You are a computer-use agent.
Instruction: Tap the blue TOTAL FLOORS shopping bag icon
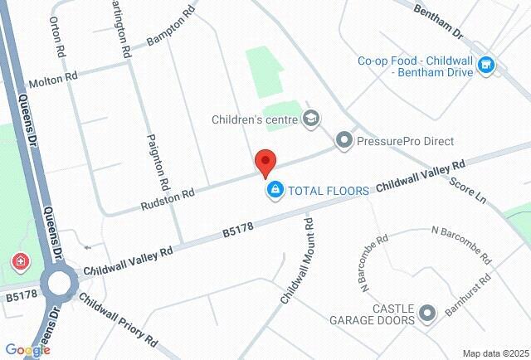pyautogui.click(x=275, y=191)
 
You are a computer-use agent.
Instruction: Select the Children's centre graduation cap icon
pyautogui.click(x=310, y=119)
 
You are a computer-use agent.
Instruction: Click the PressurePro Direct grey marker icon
pyautogui.click(x=344, y=141)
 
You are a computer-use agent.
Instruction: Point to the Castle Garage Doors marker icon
pyautogui.click(x=427, y=313)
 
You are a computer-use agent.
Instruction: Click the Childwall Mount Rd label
pyautogui.click(x=296, y=258)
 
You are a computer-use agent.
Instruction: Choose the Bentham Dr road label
pyautogui.click(x=440, y=21)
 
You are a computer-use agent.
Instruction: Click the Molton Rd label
pyautogui.click(x=52, y=80)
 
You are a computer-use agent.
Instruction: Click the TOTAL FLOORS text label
pyautogui.click(x=328, y=191)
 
